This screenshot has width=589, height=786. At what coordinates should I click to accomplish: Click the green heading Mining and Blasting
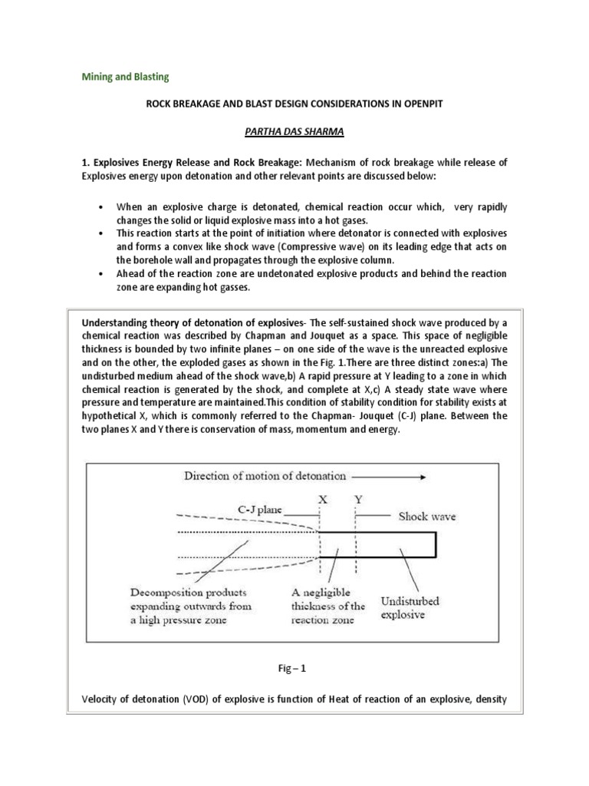tap(125, 78)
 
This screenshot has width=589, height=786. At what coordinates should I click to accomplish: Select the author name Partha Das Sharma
tap(294, 132)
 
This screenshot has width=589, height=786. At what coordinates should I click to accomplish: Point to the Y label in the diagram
tap(357, 498)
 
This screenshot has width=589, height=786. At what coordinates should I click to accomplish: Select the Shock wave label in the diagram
tap(426, 517)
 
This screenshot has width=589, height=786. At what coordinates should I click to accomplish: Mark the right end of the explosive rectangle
tap(436, 544)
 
